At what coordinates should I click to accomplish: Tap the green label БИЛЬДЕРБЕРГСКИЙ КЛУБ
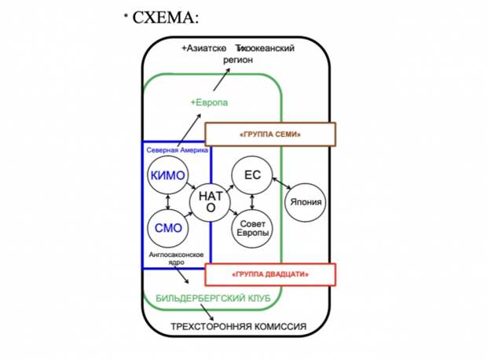point(213,298)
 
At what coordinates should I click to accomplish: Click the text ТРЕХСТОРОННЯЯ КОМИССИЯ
point(239,327)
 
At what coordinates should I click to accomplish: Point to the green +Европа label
point(209,102)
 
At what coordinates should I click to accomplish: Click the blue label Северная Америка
point(178,150)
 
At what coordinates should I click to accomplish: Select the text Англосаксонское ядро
point(177,259)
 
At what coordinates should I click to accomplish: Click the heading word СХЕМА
point(165,17)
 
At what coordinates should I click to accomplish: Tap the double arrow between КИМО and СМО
point(168,202)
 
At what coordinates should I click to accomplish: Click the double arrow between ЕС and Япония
point(282,183)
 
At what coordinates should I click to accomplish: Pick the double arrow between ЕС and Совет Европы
point(252,202)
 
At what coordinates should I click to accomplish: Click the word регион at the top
point(238,60)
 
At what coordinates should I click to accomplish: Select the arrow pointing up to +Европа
point(189,130)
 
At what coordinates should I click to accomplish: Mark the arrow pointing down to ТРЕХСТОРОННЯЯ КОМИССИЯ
point(207,312)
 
